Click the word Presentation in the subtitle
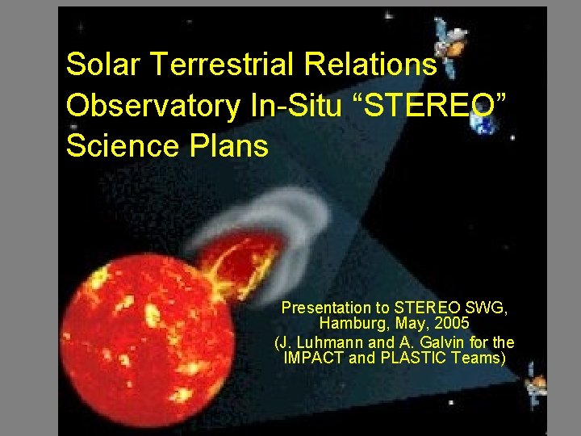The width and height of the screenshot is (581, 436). tap(327, 308)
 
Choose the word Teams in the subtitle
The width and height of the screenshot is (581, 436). tap(480, 358)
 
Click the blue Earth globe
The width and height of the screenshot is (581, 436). tap(484, 123)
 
